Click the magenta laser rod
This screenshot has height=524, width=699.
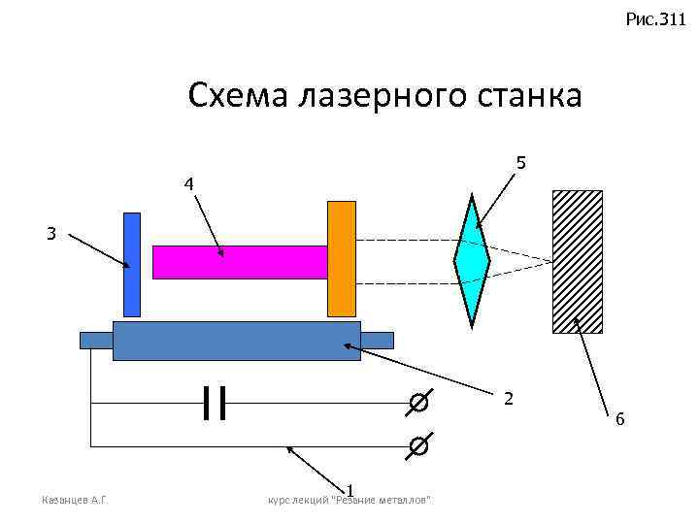240,262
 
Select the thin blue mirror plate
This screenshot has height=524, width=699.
132,264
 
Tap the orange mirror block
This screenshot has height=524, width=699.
342,258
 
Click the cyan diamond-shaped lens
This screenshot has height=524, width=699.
472,260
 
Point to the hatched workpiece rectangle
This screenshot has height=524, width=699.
577,261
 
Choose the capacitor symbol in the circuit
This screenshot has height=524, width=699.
215,402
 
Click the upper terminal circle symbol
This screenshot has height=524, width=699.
416,402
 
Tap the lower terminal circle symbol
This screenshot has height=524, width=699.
416,445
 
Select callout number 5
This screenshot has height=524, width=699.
521,163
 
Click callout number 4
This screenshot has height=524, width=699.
189,184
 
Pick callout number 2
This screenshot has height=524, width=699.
509,399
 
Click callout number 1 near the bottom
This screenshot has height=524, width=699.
350,488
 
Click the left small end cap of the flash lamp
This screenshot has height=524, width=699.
96,340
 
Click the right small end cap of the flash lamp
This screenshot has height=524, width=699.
377,340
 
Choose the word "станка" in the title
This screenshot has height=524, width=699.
528,96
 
